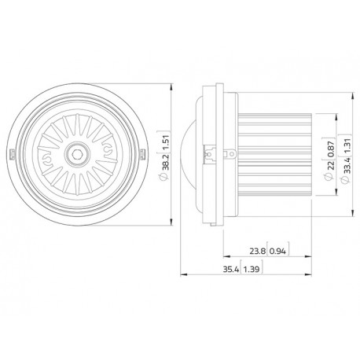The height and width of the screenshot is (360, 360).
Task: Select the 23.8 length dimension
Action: coord(257,252)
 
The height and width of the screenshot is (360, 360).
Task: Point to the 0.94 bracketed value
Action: coord(277,252)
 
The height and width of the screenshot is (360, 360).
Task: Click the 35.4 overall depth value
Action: coord(231,269)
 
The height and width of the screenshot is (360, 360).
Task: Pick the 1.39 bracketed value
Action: coord(252,269)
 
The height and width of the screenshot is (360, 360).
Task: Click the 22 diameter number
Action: coord(331,166)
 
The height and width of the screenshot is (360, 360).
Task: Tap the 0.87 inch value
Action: coord(331,149)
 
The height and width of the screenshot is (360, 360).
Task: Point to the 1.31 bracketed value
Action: coord(347,145)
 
